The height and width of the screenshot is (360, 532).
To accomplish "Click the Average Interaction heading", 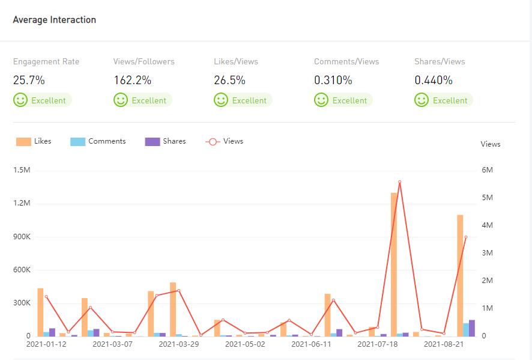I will (55, 20).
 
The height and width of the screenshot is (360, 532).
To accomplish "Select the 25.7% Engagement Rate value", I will (29, 80).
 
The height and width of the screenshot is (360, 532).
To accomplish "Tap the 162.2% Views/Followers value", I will (132, 80).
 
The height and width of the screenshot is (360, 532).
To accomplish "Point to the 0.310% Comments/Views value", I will (333, 80).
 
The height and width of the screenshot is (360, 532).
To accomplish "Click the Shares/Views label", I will (440, 61).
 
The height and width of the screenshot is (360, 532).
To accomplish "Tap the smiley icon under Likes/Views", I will (221, 100).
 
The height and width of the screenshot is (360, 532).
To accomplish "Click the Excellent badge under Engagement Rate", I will (42, 100).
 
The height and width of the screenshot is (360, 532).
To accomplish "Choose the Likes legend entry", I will (34, 141).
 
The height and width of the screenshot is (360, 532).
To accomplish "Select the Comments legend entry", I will (98, 141).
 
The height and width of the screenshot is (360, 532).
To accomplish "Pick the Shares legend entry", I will (166, 141).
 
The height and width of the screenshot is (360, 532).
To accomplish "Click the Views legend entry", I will (225, 141).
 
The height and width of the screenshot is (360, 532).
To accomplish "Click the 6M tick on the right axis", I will (488, 170).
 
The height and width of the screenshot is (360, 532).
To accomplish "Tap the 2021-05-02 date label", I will (245, 344).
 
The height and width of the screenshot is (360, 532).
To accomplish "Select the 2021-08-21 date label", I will (444, 344).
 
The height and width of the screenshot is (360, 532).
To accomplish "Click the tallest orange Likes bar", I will (394, 264).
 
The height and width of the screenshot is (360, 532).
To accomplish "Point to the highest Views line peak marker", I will (399, 182).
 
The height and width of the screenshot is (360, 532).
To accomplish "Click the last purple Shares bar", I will (471, 328).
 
